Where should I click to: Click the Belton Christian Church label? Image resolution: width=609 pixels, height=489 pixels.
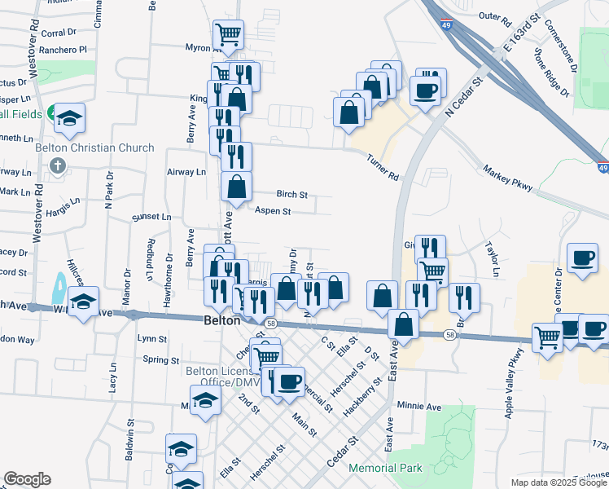coord(94,148)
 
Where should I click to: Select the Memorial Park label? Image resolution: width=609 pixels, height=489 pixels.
coord(385,469)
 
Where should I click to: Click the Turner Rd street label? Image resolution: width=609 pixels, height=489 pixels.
coord(383,168)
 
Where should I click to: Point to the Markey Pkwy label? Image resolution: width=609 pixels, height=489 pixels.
coord(507,179)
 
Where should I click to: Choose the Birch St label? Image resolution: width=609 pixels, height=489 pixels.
coord(291,195)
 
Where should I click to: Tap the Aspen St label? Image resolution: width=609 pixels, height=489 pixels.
coord(273,211)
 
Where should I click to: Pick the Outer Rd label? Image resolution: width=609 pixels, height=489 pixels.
coord(494,16)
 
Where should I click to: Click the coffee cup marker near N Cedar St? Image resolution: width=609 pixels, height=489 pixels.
coord(427,89)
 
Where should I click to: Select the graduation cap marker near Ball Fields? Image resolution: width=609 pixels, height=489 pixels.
coord(69,117)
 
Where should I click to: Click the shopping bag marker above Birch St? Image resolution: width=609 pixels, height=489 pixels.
coord(236,187)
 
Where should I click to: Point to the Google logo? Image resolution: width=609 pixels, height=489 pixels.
coord(27,479)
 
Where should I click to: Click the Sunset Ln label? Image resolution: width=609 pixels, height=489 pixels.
coord(152,218)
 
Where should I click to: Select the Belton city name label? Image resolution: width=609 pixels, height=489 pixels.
coord(221,321)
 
